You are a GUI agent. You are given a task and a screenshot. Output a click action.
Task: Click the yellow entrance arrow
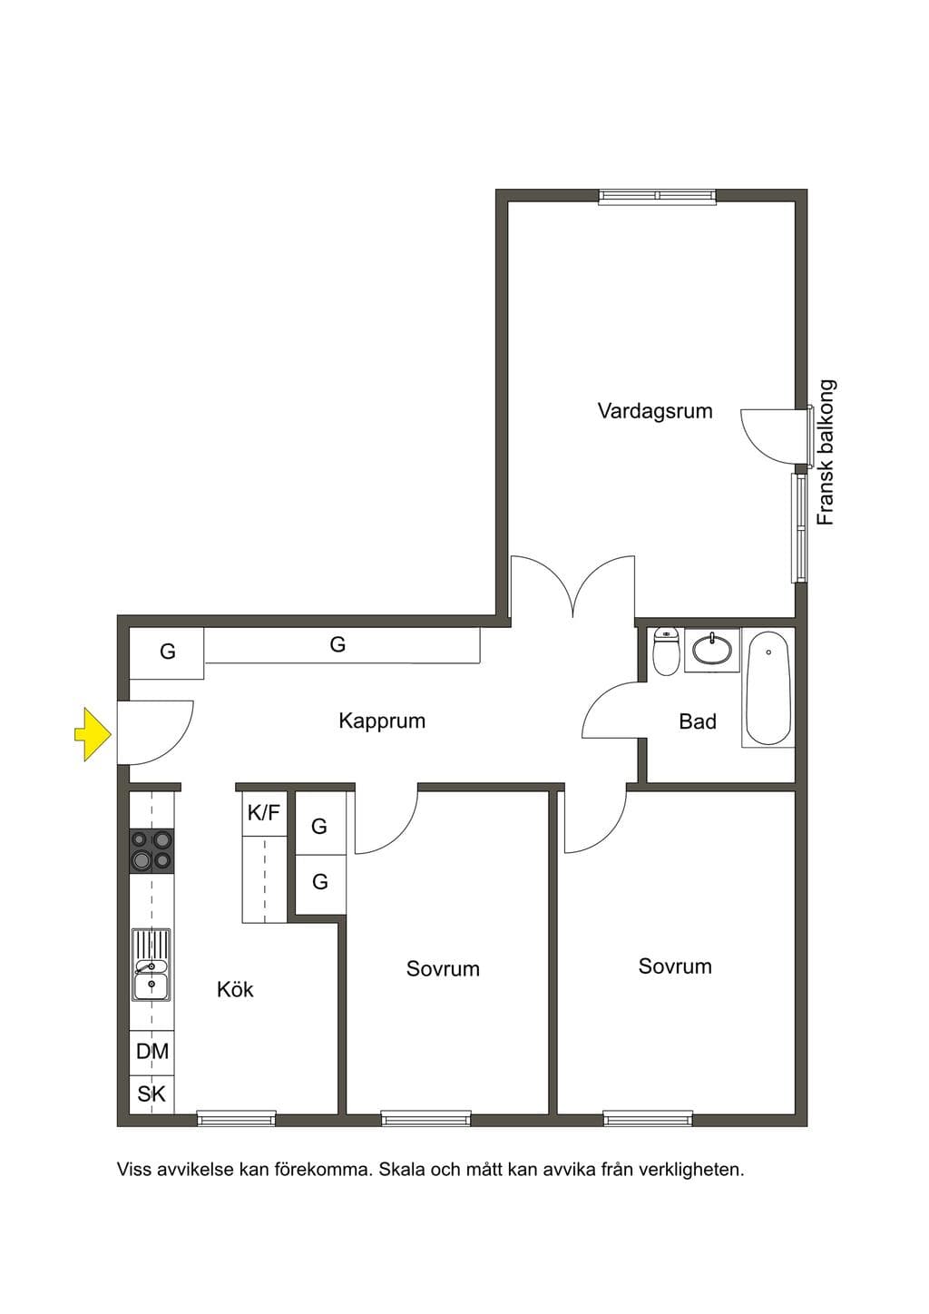[93, 734]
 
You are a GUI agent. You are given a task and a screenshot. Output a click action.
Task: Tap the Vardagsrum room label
[654, 410]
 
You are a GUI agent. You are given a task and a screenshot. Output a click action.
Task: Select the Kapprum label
[382, 721]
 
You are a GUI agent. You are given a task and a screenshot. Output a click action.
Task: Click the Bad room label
[698, 721]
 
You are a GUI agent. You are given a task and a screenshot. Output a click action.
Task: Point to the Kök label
[235, 990]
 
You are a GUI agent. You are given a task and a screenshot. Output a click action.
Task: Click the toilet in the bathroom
[666, 652]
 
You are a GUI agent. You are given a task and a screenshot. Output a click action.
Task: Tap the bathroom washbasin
[712, 650]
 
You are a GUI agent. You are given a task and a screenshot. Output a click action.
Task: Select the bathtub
[768, 688]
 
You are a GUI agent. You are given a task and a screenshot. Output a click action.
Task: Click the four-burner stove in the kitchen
[152, 852]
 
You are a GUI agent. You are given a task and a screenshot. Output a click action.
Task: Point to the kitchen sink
[152, 965]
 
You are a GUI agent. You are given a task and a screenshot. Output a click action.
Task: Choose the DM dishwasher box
[152, 1052]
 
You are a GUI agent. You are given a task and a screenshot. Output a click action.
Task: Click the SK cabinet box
[152, 1093]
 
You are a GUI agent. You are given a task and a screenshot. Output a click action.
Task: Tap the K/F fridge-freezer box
[265, 813]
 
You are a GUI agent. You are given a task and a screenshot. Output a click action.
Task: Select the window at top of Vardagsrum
[658, 196]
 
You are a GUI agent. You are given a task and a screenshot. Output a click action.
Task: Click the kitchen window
[237, 1119]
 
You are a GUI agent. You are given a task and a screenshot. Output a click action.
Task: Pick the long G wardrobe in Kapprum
[342, 645]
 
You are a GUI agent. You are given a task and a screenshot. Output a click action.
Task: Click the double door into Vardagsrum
[573, 586]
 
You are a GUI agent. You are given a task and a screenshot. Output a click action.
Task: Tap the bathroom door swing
[610, 711]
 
